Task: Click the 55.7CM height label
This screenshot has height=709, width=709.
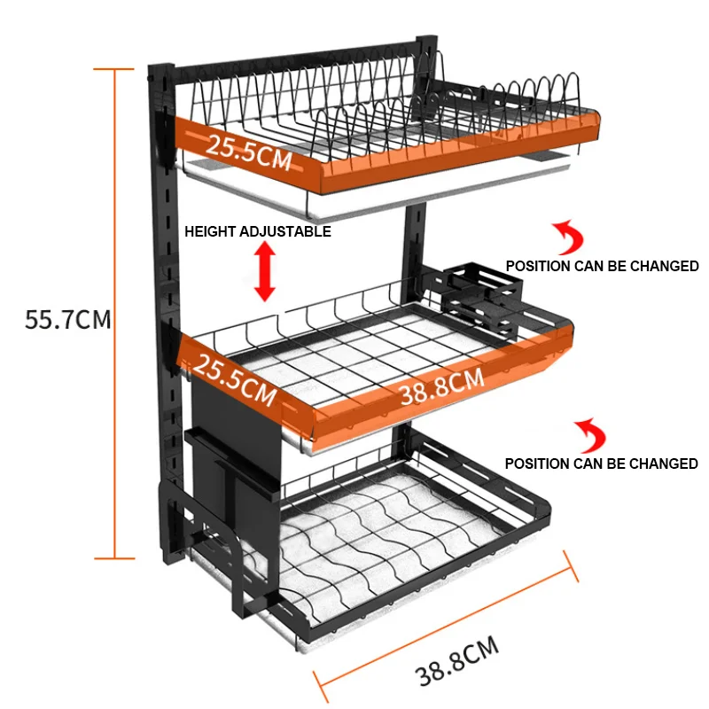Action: coord(68,319)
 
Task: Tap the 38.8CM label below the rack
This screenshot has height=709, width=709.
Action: coord(457,665)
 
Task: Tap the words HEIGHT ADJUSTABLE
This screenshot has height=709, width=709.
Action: coord(257,231)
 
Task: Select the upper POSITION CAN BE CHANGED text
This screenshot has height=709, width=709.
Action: coord(602,266)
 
